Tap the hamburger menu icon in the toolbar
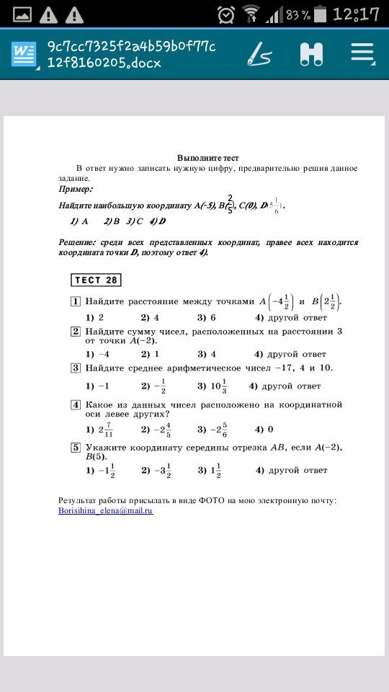tap(362, 53)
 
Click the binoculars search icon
tap(311, 54)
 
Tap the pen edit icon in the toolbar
tap(259, 53)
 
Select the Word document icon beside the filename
tap(24, 55)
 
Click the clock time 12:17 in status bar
tap(356, 14)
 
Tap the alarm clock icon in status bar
tap(226, 14)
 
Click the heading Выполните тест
tap(208, 158)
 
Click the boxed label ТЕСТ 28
tap(95, 280)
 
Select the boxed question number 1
tap(75, 301)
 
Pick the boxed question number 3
tap(75, 368)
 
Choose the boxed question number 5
tap(75, 448)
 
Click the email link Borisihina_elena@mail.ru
tap(106, 510)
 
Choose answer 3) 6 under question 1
tap(207, 317)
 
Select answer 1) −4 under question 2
tap(97, 354)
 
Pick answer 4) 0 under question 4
tap(264, 430)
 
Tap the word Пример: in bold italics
tap(76, 189)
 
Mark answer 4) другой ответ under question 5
tap(291, 471)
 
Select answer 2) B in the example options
tap(111, 221)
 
